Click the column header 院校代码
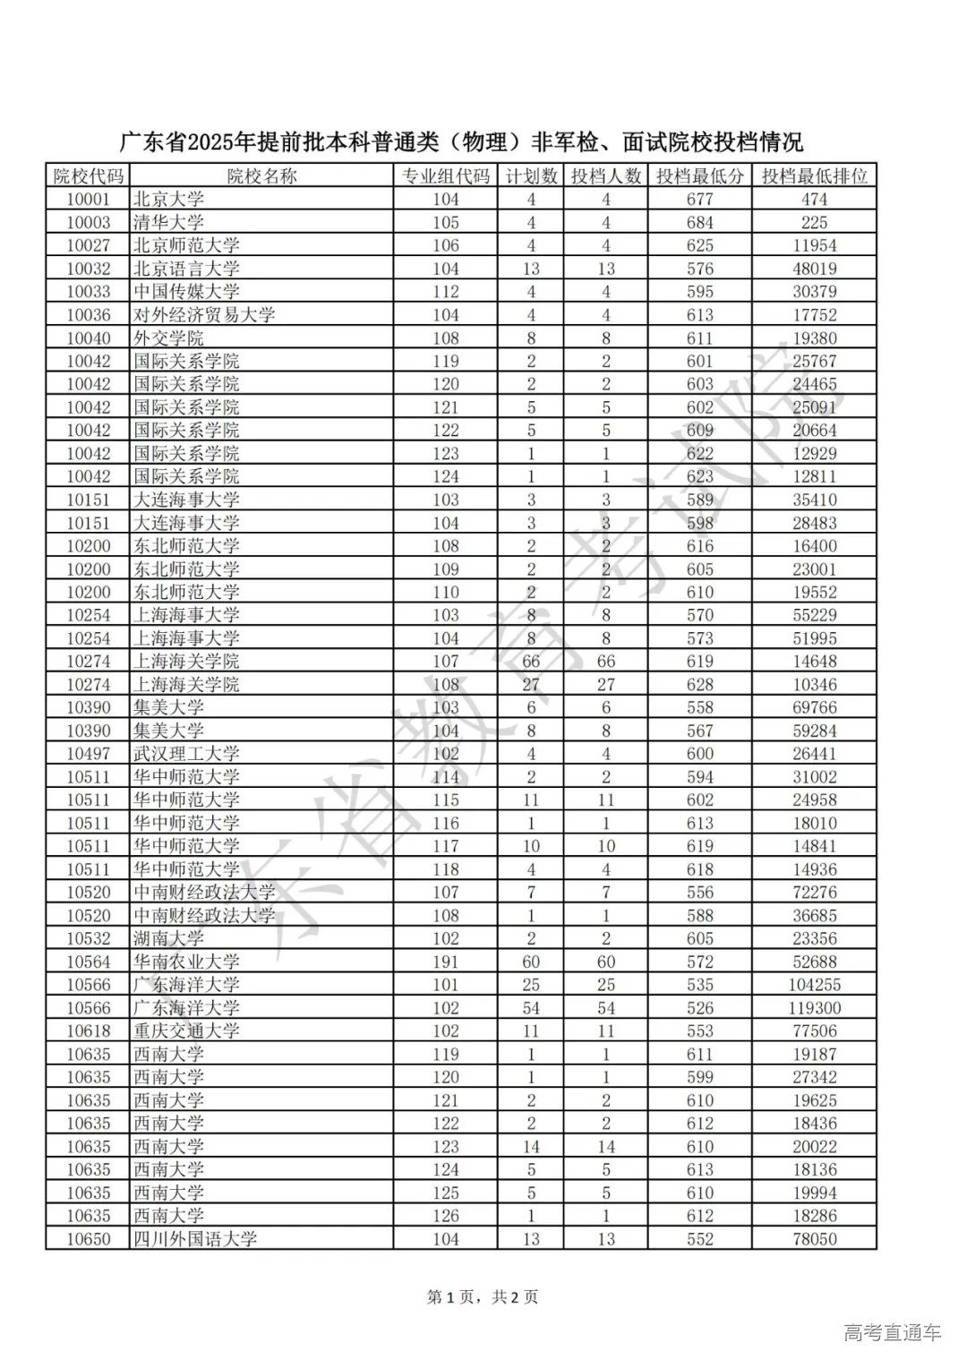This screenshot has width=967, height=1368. (89, 175)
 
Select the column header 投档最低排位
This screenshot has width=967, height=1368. (814, 175)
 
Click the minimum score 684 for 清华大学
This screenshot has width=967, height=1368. (699, 222)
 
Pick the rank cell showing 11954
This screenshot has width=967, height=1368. (814, 245)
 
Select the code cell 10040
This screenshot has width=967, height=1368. (89, 338)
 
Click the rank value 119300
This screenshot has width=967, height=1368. (814, 1007)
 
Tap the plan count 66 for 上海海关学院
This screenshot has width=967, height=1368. (530, 662)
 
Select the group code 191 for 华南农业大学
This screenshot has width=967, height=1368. (445, 962)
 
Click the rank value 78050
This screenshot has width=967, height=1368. (814, 1239)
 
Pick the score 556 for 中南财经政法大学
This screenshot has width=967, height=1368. (699, 892)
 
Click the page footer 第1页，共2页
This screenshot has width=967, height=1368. (483, 1296)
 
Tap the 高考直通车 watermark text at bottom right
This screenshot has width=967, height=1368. (892, 1332)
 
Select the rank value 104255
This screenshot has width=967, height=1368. (814, 984)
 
